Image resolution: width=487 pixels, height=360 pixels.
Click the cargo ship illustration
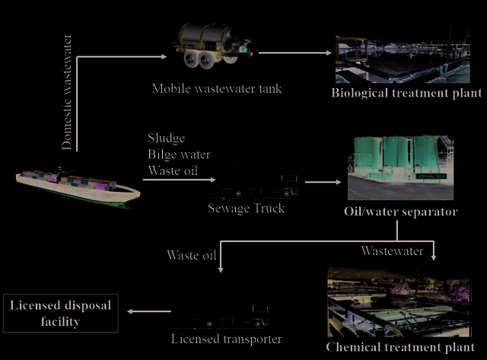(x=78, y=186)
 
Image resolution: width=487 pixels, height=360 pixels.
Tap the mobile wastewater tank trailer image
(x=213, y=46)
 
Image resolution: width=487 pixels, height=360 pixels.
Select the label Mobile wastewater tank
(x=217, y=89)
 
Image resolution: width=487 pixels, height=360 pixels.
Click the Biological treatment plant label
(x=406, y=93)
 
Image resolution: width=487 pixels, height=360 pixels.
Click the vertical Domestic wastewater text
(x=67, y=92)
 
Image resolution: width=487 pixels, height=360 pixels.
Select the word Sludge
(x=167, y=139)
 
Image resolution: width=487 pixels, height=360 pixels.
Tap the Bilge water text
(x=180, y=155)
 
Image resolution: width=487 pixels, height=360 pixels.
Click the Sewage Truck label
(x=246, y=208)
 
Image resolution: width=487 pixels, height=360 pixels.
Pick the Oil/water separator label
(x=401, y=212)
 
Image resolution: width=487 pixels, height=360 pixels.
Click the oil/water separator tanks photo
(x=400, y=167)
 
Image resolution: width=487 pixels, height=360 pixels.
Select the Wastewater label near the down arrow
(x=393, y=251)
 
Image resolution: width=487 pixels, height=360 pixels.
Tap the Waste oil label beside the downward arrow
(x=191, y=255)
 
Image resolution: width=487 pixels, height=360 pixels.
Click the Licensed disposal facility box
(x=61, y=313)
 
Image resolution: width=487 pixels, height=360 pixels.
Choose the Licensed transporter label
(x=227, y=339)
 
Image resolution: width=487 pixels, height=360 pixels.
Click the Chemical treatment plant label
(x=400, y=347)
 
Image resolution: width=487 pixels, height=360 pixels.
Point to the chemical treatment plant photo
(x=399, y=302)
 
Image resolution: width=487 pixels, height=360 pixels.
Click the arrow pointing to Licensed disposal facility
(x=149, y=311)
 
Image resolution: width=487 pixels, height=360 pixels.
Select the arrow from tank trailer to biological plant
(x=294, y=53)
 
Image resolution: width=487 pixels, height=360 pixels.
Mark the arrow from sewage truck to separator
(x=323, y=182)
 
